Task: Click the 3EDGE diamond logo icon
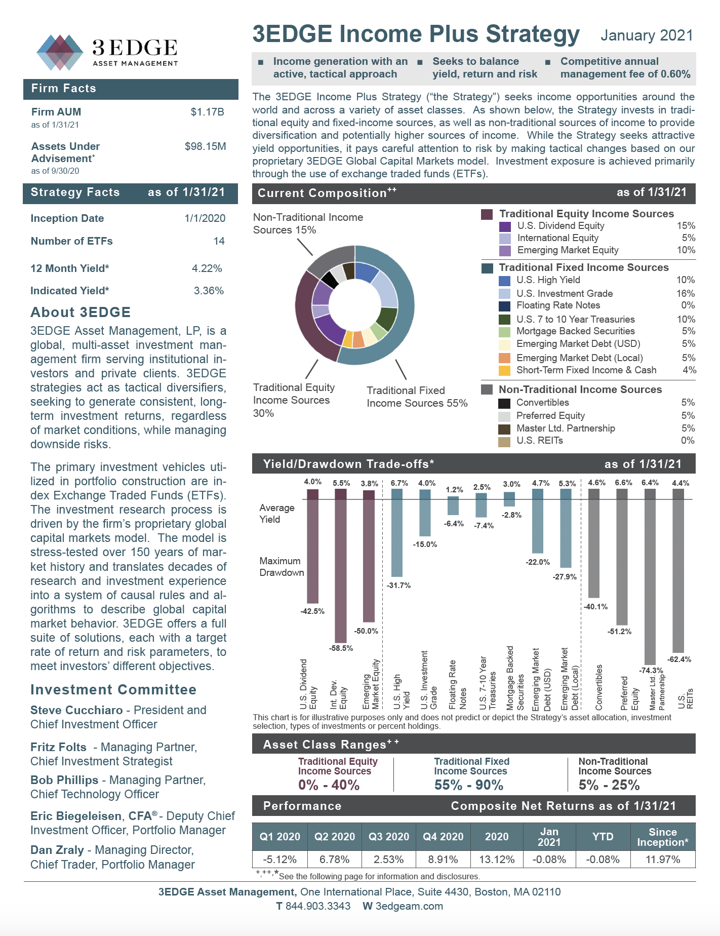click(x=60, y=52)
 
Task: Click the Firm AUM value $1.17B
click(x=207, y=112)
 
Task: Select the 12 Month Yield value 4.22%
click(x=207, y=268)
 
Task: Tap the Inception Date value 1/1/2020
click(x=205, y=218)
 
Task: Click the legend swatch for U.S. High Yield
click(x=504, y=281)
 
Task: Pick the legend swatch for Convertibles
click(x=504, y=403)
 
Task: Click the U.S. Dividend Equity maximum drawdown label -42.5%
click(x=312, y=611)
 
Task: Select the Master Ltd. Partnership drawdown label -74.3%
click(x=651, y=671)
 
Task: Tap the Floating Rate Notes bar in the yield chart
click(x=453, y=505)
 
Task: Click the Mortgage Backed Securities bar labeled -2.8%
click(x=509, y=499)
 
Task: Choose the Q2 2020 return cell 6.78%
click(x=335, y=860)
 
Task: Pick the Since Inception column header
click(x=662, y=837)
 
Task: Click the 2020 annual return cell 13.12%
click(x=497, y=860)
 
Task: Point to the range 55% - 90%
click(x=469, y=785)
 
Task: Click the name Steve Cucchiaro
click(x=76, y=710)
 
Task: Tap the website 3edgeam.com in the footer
click(x=409, y=906)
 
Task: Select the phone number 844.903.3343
click(x=317, y=906)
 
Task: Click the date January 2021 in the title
click(x=647, y=35)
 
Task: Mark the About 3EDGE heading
click(x=81, y=312)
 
